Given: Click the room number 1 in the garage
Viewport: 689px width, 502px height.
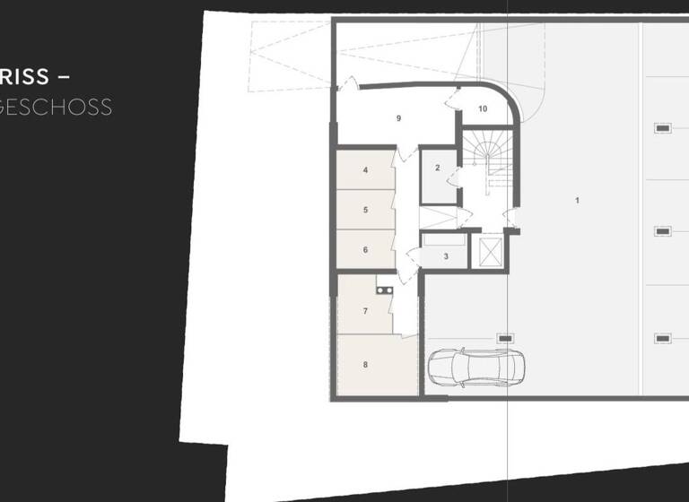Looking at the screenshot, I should tap(577, 200).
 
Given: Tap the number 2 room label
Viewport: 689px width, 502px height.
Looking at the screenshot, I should tap(438, 168).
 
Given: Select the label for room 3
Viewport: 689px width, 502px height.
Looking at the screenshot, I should tap(446, 256).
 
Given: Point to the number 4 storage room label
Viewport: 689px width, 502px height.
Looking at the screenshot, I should tap(366, 169).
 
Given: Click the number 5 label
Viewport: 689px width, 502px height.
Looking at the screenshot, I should tap(366, 210).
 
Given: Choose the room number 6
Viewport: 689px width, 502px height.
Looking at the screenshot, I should tap(366, 250).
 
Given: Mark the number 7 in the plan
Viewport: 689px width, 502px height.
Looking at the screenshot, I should tap(366, 311).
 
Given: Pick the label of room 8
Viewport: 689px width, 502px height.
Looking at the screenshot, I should tap(366, 364).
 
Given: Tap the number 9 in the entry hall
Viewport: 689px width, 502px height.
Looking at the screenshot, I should tap(398, 118).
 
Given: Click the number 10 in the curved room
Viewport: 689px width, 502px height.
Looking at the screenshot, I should tap(483, 108).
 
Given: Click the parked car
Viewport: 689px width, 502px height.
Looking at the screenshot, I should tap(476, 368).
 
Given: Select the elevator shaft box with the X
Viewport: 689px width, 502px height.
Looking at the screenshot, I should tap(490, 253).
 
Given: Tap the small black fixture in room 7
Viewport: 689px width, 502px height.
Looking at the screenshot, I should tap(385, 290).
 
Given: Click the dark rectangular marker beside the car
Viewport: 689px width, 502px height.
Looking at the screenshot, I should tap(505, 338).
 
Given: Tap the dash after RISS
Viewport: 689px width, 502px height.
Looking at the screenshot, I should tap(64, 78).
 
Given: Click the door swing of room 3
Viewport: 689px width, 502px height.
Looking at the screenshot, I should tap(414, 257).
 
